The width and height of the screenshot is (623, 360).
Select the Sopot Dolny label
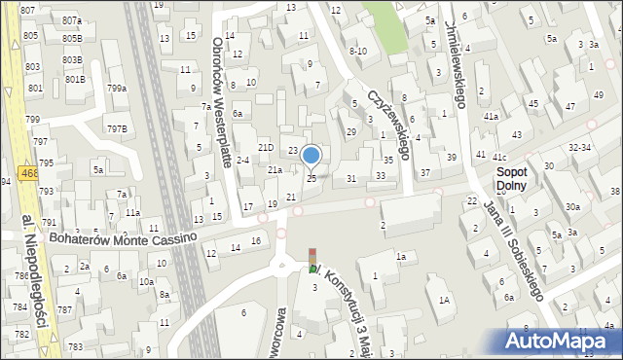click(511, 177)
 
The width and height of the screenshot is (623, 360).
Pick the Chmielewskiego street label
click(456, 63)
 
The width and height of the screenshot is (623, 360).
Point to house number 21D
click(251, 147)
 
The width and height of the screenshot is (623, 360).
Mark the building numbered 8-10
click(357, 51)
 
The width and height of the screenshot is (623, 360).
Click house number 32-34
click(580, 147)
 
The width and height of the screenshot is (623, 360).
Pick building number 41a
click(492, 117)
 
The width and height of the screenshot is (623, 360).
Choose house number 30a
click(573, 206)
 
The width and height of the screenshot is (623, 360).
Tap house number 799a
click(117, 89)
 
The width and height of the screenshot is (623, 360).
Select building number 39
click(451, 158)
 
